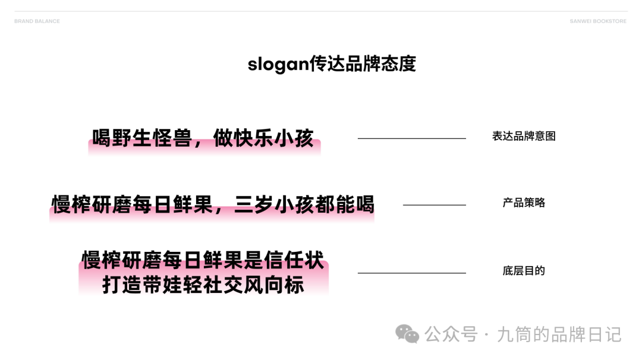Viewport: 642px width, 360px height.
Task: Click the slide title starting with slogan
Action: [332, 64]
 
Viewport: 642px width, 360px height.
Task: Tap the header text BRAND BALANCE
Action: [37, 21]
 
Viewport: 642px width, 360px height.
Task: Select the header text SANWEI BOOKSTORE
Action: [598, 21]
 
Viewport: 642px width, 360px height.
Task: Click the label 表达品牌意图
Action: [524, 136]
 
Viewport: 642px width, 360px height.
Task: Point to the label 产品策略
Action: [524, 203]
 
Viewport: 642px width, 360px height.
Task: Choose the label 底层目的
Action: [524, 271]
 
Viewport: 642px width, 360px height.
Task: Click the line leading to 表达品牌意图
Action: [411, 138]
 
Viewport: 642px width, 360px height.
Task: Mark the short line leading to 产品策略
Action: [434, 205]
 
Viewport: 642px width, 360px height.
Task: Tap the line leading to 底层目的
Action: [411, 273]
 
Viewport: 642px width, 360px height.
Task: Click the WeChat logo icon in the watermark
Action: [407, 334]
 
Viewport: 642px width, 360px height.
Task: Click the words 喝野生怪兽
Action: [142, 138]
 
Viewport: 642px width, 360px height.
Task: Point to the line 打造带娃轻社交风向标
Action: [203, 285]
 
